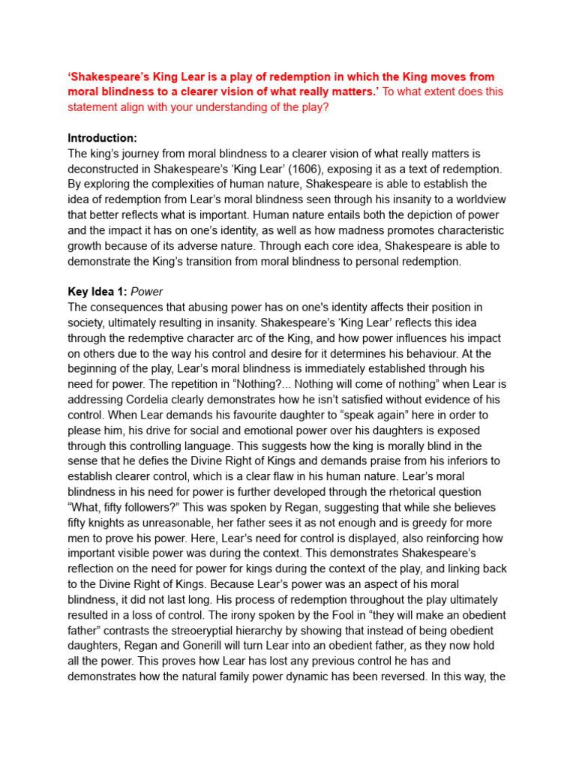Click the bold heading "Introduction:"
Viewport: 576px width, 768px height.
102,138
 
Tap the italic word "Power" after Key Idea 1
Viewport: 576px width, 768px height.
147,292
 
